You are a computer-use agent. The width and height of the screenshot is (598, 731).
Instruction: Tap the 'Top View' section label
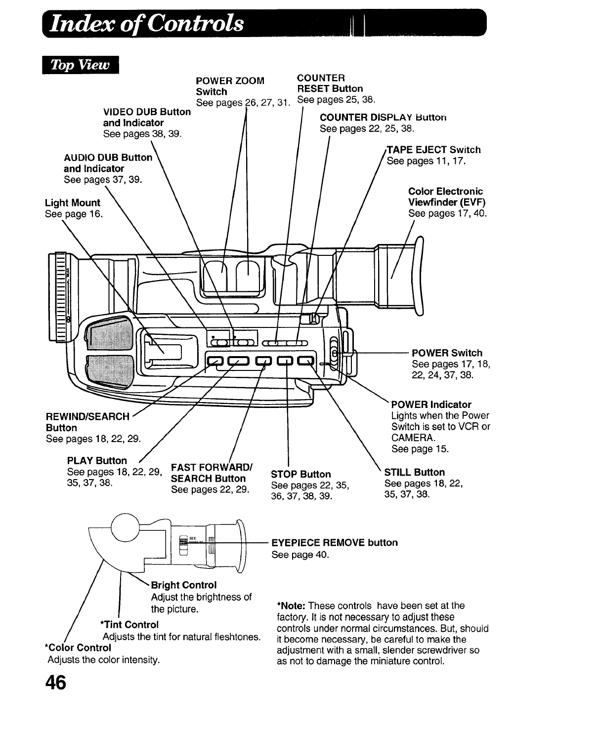[81, 65]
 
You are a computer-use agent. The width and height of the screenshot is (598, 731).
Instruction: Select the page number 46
[55, 683]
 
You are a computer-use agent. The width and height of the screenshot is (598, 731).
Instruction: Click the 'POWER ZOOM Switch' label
[230, 86]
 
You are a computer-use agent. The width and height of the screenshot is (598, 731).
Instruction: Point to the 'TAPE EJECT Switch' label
[433, 150]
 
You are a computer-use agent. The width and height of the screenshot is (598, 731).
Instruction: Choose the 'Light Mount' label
[72, 203]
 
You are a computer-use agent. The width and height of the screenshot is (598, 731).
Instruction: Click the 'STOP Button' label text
[301, 474]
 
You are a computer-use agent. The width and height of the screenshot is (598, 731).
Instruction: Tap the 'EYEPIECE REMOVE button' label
[335, 542]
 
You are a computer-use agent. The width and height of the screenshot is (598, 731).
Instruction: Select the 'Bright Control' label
[184, 585]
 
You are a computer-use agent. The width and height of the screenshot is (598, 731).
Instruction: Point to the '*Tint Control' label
[129, 625]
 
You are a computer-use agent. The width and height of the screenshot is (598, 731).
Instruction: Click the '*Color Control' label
[78, 647]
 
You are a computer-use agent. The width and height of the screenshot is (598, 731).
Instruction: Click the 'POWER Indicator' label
[431, 404]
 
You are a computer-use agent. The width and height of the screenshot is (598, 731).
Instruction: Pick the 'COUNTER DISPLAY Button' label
[383, 118]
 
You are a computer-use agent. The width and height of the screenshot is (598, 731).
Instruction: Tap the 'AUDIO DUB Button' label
[108, 158]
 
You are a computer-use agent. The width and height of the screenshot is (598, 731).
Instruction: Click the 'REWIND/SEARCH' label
[87, 416]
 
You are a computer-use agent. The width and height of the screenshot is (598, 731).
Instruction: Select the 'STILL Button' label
[414, 472]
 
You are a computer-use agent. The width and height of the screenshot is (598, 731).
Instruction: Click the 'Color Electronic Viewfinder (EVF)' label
[447, 197]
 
